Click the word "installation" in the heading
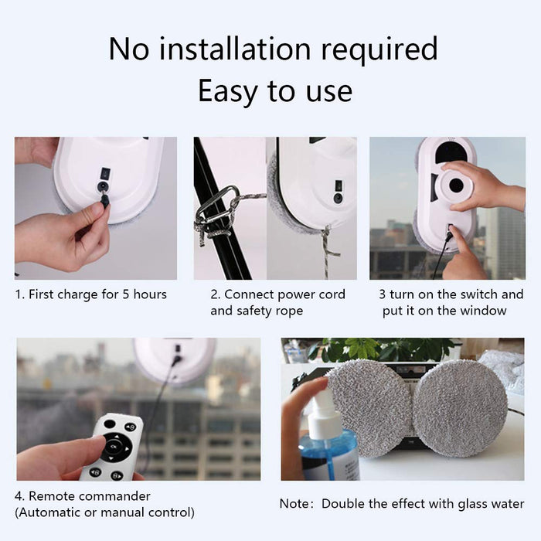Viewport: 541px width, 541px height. tap(235, 49)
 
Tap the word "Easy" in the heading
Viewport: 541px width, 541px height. tap(228, 90)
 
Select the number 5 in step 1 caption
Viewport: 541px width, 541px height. tap(126, 294)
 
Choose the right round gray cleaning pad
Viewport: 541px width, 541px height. tap(461, 409)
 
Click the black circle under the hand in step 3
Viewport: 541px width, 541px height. tap(456, 186)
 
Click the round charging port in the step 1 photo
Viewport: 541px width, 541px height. tap(103, 186)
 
